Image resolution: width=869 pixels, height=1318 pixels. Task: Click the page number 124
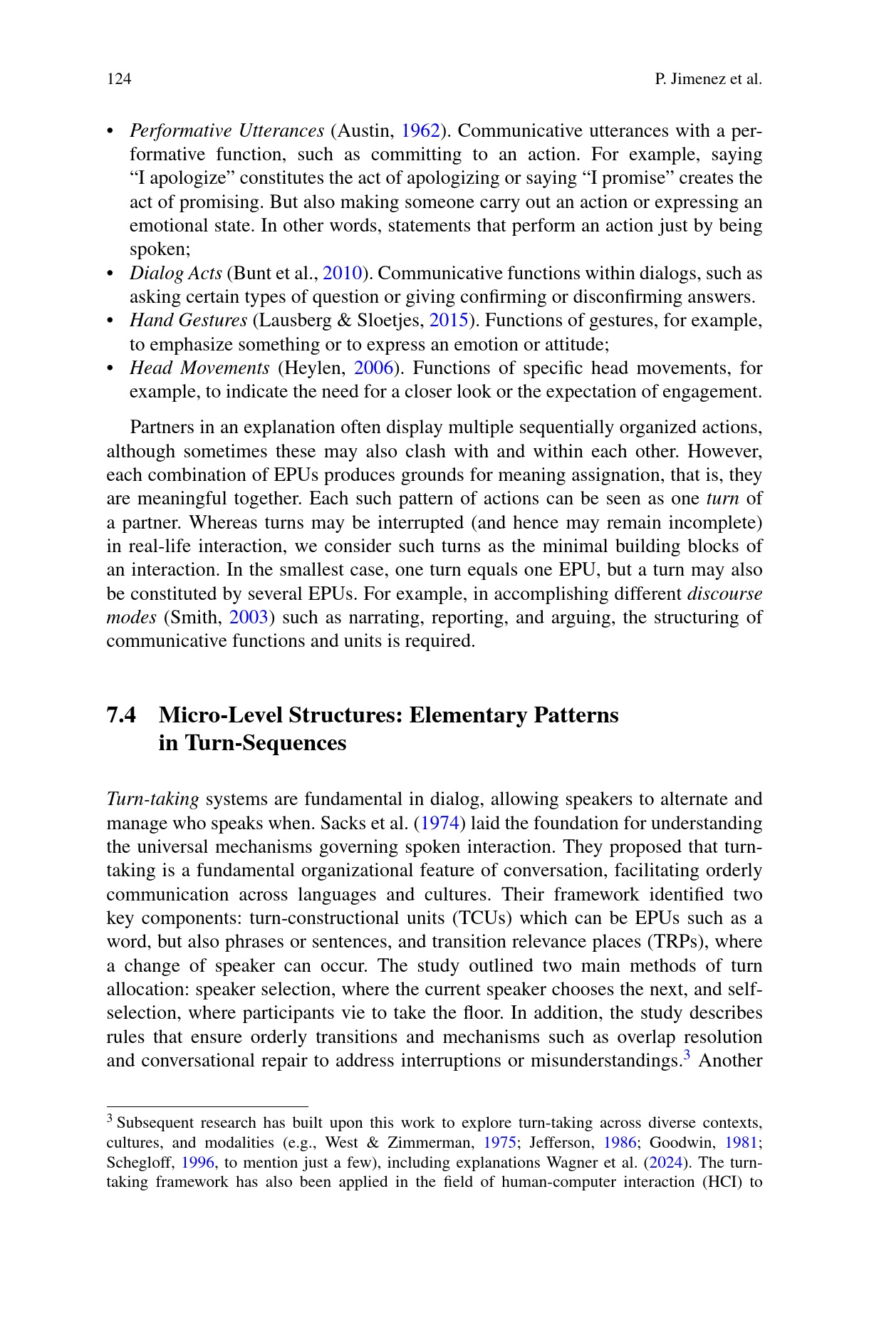pos(119,78)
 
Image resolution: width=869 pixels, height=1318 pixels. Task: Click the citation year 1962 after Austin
pos(420,130)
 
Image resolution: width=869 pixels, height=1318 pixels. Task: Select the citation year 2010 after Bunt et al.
pos(343,273)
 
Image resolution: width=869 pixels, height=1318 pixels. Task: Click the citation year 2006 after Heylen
pos(373,368)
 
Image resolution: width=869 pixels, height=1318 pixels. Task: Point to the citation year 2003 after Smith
pos(249,617)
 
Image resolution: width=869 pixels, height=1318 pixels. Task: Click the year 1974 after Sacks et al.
pos(439,823)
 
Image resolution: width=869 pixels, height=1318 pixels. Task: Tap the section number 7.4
pos(121,715)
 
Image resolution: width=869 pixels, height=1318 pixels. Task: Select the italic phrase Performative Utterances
pos(227,130)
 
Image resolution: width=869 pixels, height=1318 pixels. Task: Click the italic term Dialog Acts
pos(175,273)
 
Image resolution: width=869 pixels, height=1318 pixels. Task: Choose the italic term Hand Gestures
pos(188,320)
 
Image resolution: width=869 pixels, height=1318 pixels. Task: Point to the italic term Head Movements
pos(199,368)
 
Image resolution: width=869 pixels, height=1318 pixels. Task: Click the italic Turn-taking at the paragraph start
pos(152,799)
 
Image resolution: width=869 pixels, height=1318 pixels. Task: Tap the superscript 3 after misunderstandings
pos(687,1056)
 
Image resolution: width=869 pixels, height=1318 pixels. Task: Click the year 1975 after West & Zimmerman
pos(499,1143)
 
